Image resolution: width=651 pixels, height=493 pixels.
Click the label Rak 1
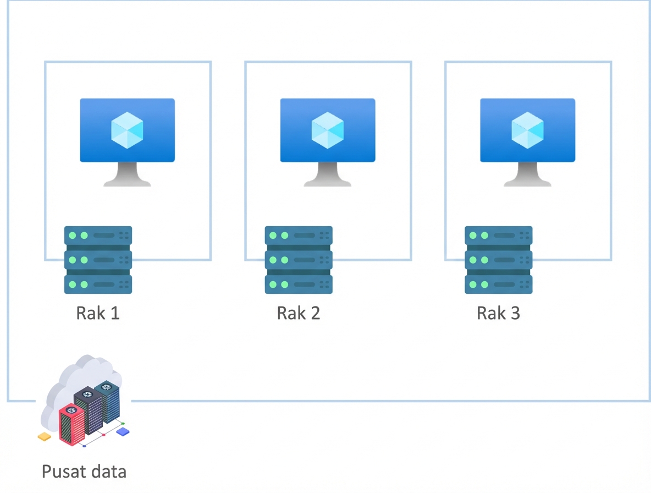point(98,313)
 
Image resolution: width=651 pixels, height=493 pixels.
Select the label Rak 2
point(298,313)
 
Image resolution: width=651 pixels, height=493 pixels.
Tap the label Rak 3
point(498,313)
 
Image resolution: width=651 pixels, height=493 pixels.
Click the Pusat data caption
point(84,472)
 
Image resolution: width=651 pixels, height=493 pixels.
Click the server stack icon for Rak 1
point(98,260)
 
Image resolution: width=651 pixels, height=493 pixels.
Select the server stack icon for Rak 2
point(299,260)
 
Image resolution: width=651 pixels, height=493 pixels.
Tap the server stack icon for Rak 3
point(499,260)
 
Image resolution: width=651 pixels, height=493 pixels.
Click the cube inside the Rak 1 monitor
point(128,130)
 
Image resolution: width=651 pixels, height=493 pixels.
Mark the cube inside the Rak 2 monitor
point(328,130)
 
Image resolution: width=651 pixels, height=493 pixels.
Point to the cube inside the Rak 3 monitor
point(528,130)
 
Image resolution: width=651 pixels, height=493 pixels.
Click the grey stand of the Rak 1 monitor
point(128,176)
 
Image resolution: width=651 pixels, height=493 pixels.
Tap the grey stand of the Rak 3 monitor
point(528,176)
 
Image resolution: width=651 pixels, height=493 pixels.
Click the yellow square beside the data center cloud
point(44,437)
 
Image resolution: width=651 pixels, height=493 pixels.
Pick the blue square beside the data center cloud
point(123,432)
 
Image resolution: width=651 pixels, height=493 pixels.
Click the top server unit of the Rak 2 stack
point(299,235)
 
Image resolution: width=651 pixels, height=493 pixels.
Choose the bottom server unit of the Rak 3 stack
point(499,284)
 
